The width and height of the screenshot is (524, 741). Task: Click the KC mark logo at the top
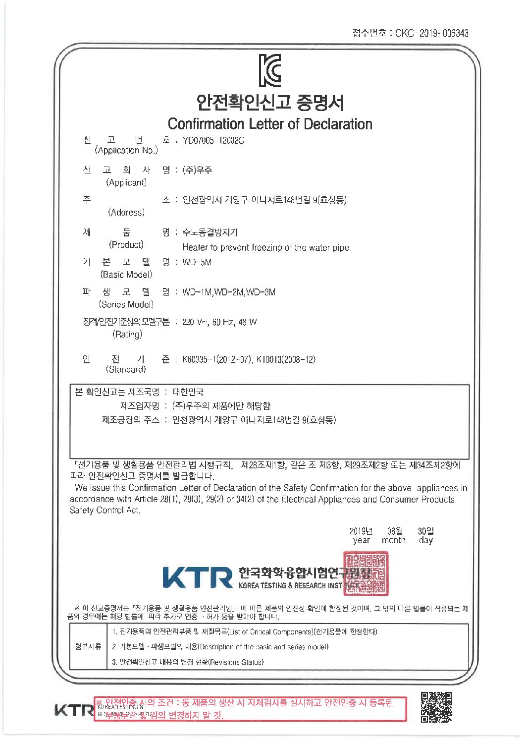click(x=270, y=70)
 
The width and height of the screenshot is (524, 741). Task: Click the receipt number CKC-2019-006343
click(x=431, y=33)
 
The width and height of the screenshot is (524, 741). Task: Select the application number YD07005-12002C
click(x=213, y=140)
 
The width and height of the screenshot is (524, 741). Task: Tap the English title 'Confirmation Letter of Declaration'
click(x=270, y=123)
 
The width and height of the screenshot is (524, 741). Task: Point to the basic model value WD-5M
click(x=197, y=262)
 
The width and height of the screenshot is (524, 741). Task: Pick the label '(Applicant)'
click(x=126, y=182)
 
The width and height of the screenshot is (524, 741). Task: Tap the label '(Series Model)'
click(x=126, y=304)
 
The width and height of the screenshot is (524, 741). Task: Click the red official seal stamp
click(x=366, y=573)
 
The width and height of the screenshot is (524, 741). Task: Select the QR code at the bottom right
click(x=436, y=707)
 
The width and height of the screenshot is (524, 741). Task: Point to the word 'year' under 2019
click(x=361, y=541)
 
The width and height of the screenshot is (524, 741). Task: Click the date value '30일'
click(x=426, y=531)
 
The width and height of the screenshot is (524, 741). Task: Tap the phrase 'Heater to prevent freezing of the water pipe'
click(x=265, y=247)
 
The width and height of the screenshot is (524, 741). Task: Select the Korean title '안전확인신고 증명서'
click(x=270, y=102)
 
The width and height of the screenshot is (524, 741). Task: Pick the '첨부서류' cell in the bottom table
click(x=88, y=646)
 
